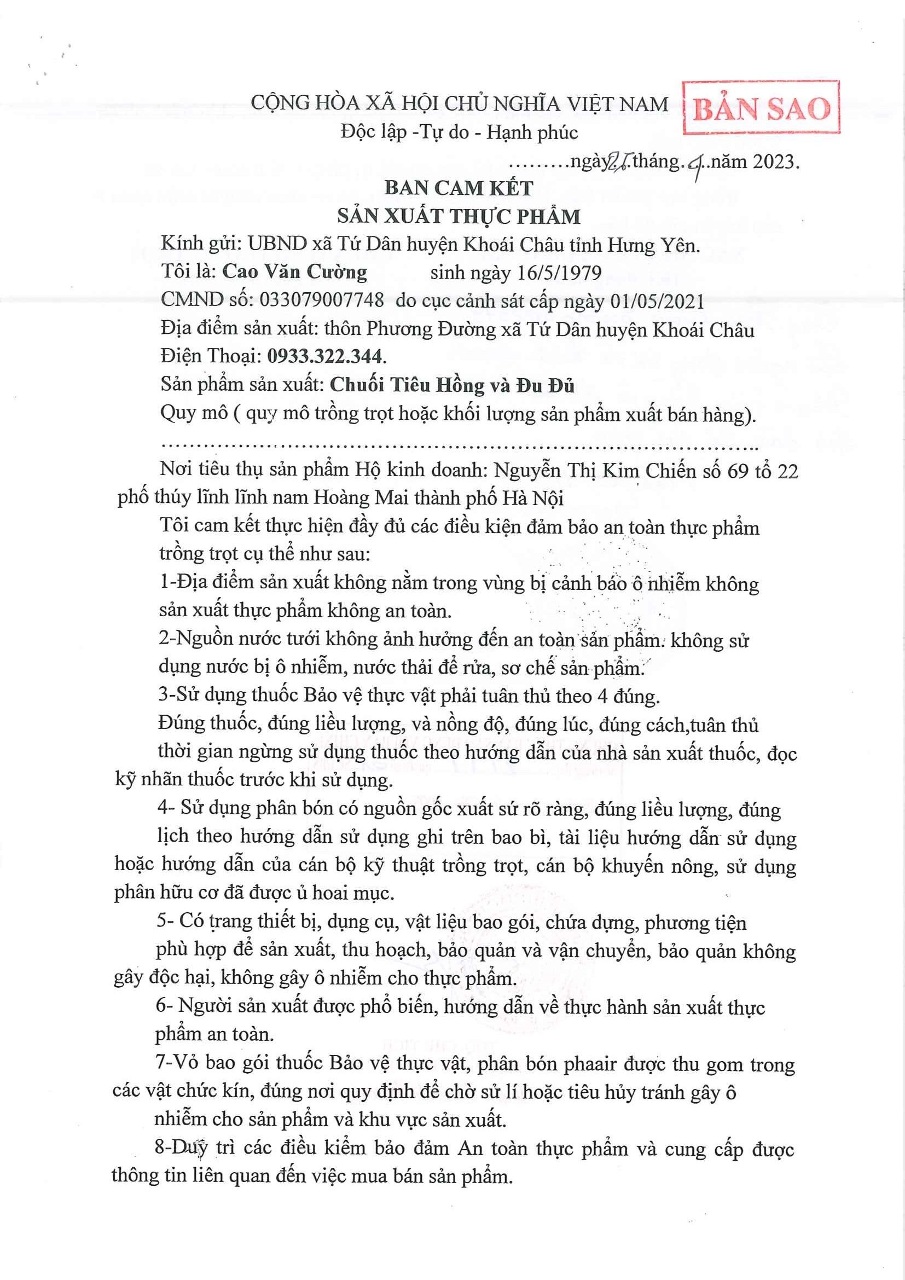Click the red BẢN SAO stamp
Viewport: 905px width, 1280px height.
762,108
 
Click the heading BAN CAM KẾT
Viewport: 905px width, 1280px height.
459,188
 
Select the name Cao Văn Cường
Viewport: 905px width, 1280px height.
295,272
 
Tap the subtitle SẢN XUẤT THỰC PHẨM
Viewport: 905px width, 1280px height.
459,216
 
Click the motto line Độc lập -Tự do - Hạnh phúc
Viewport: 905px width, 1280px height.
459,132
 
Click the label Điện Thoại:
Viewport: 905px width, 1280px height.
212,357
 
